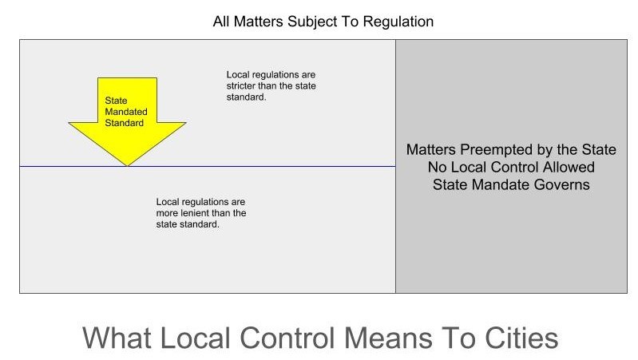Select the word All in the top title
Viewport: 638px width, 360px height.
point(221,21)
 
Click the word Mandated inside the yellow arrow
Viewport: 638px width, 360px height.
point(126,112)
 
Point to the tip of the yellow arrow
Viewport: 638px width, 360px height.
point(127,166)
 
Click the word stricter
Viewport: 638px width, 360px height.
point(241,86)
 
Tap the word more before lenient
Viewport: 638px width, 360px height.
point(167,213)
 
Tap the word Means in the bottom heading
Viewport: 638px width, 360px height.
point(389,338)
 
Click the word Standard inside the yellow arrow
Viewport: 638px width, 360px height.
point(124,123)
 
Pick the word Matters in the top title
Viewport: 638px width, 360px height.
point(259,22)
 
